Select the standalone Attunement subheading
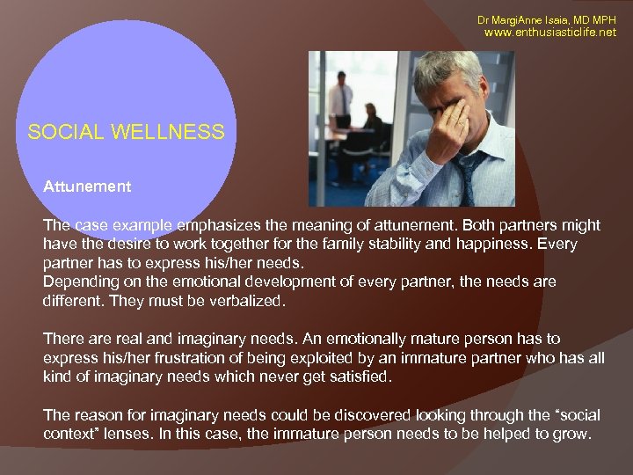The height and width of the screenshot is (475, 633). click(x=87, y=186)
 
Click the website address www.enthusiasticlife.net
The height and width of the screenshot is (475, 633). click(x=550, y=32)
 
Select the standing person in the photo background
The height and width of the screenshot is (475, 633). click(x=341, y=106)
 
